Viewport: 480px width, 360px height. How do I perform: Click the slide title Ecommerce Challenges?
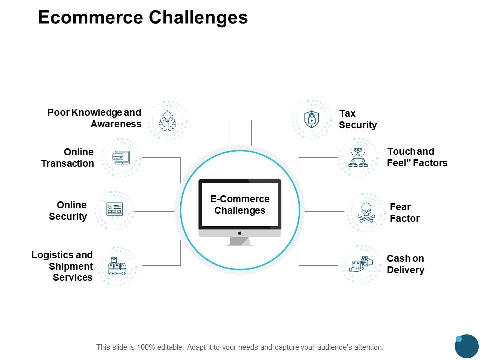pos(143,18)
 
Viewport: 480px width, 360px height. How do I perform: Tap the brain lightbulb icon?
pos(168,120)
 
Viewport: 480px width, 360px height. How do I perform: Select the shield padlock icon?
pos(312,119)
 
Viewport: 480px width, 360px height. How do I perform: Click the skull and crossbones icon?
pos(366,213)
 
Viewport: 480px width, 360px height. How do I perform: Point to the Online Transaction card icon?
pos(121,158)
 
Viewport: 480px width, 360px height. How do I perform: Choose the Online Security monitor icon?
pos(115,210)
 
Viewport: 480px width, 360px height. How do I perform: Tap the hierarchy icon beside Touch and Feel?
pos(358,158)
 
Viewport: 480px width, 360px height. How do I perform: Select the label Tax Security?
pos(357,119)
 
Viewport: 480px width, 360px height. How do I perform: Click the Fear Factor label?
pos(404,213)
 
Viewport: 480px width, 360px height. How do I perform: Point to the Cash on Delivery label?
pos(405,264)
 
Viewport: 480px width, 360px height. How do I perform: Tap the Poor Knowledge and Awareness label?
pos(94,118)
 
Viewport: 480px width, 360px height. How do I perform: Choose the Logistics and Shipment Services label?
pos(62,266)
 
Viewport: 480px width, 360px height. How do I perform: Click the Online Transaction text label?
pos(67,158)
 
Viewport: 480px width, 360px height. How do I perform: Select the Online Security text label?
pos(68,210)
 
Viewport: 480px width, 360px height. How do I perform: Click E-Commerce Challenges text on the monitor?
pos(240,205)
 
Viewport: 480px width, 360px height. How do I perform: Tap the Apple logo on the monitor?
pos(240,233)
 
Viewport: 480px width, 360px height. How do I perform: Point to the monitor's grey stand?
pos(240,242)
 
